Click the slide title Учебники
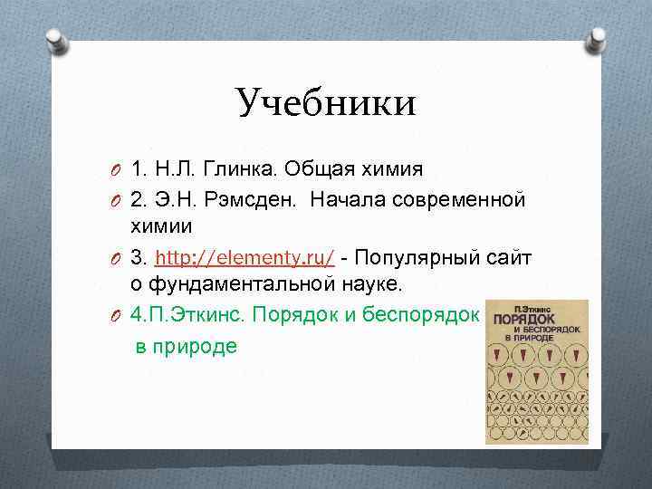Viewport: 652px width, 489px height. (326, 102)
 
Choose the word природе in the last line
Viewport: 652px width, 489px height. (198, 346)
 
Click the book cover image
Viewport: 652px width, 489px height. (536, 372)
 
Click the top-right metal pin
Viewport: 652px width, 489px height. (595, 39)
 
